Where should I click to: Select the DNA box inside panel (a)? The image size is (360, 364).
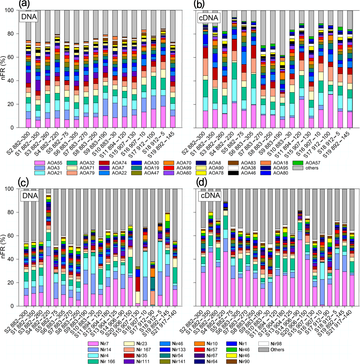pos(29,17)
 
